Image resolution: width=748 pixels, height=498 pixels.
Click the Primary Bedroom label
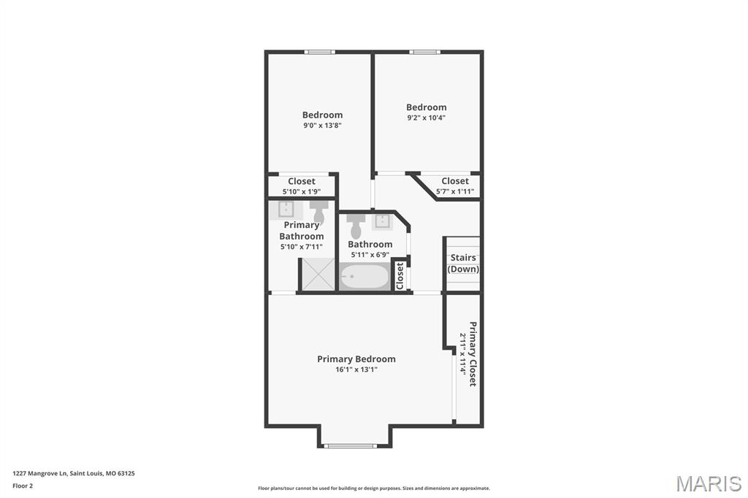[356, 359]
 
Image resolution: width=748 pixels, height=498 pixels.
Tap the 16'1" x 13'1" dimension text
[356, 369]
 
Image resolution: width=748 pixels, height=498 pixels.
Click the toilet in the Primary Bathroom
[318, 211]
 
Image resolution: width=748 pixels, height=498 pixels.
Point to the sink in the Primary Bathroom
[286, 210]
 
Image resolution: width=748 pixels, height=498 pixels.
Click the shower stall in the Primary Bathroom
[318, 274]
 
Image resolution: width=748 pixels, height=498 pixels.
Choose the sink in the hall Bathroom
[382, 221]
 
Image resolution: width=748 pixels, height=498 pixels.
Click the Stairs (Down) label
[463, 264]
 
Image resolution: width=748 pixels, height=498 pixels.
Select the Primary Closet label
[473, 353]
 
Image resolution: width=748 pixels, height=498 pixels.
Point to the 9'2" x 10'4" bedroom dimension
[427, 118]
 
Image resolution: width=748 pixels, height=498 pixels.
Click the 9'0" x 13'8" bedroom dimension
[322, 126]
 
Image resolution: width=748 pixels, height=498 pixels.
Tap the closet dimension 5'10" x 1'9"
[302, 192]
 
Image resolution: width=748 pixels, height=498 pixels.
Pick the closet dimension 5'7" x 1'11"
[455, 192]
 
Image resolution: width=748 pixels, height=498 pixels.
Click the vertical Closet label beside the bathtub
[400, 275]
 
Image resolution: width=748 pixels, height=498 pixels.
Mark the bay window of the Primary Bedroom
[351, 446]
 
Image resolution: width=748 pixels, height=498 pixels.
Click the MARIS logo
[709, 483]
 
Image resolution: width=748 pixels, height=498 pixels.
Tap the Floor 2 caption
[23, 486]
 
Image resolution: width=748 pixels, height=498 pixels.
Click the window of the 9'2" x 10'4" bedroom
[424, 52]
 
